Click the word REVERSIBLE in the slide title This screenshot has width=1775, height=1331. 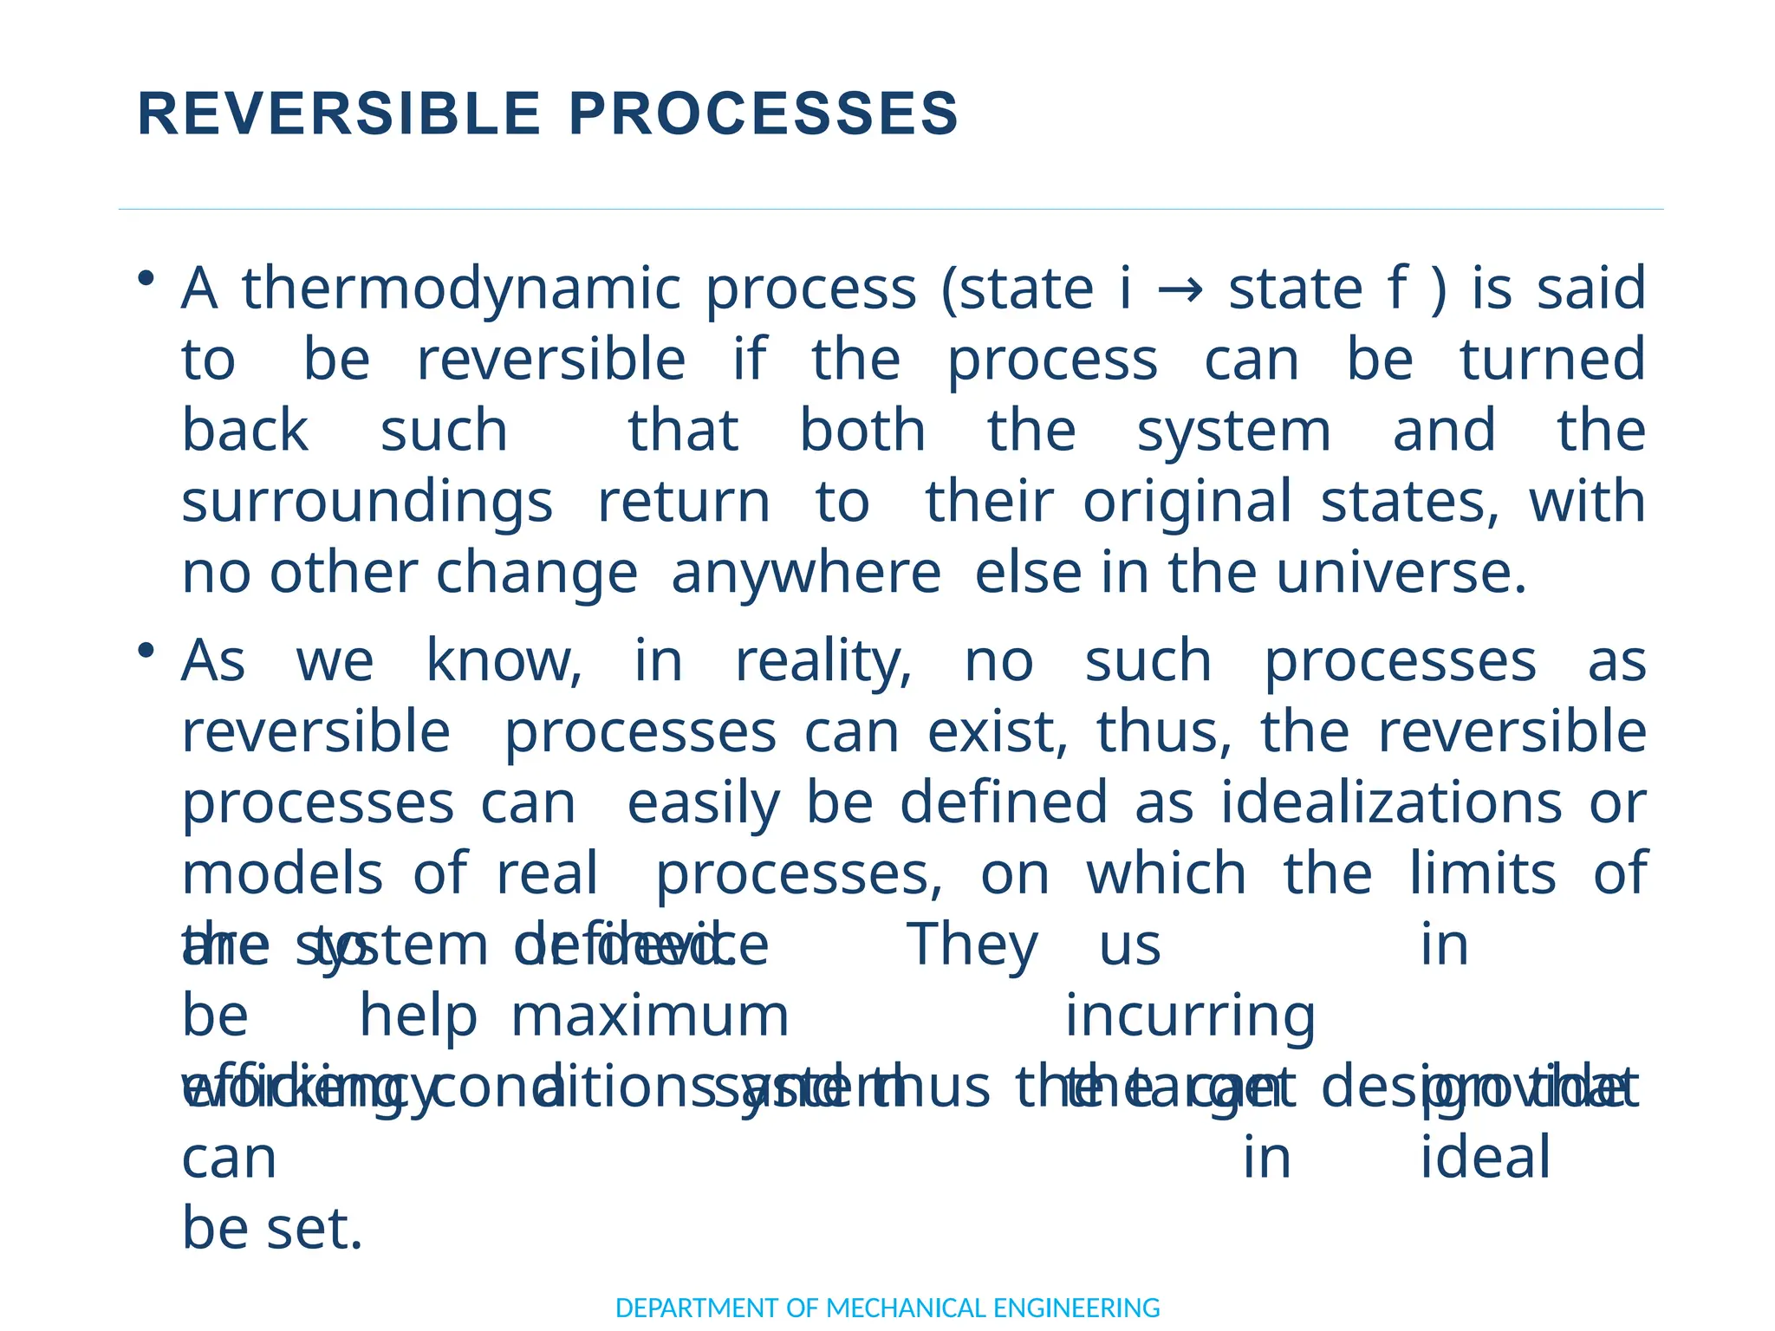(339, 114)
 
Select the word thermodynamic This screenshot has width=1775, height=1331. (461, 289)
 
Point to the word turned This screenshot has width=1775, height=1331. (1552, 360)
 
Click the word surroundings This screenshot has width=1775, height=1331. (367, 503)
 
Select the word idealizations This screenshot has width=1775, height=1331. (1392, 803)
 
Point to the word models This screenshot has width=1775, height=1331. (283, 873)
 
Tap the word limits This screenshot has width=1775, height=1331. (1482, 873)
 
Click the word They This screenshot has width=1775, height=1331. (972, 945)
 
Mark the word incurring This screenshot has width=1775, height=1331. (1190, 1016)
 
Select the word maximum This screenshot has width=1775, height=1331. (650, 1016)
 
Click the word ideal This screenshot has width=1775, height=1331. (1485, 1158)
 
